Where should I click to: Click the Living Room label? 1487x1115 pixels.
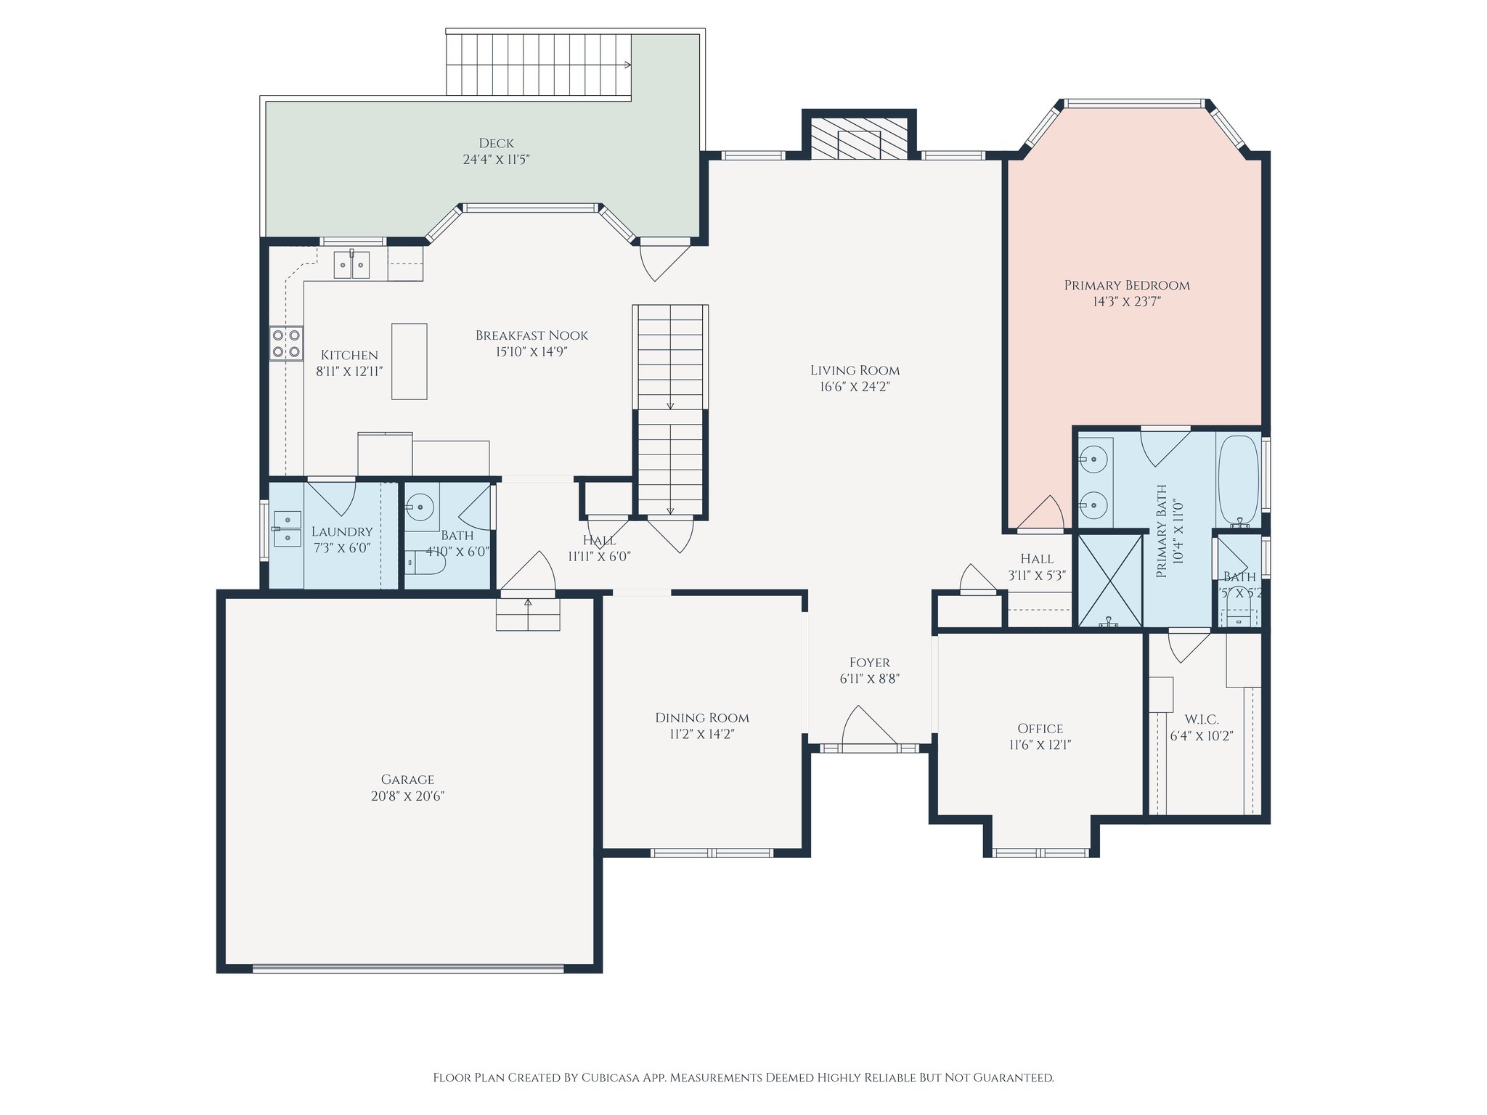(x=855, y=370)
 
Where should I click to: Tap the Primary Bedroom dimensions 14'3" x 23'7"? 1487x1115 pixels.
(x=1127, y=301)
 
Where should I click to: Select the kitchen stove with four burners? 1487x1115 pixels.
(x=286, y=343)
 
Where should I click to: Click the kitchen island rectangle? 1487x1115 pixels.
(x=410, y=362)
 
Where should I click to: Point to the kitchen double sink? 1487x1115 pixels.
(x=351, y=264)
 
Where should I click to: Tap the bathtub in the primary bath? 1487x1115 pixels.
(x=1239, y=479)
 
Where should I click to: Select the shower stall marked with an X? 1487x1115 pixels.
(x=1109, y=581)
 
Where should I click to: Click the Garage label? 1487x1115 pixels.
(x=407, y=780)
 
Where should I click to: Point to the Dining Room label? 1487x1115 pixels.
(x=702, y=718)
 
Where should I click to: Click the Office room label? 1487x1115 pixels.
(x=1040, y=729)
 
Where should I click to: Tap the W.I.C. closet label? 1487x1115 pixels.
(x=1202, y=719)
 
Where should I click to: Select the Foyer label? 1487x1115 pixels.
(x=869, y=663)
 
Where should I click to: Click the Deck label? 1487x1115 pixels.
(x=497, y=144)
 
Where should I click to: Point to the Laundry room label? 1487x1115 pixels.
(x=342, y=532)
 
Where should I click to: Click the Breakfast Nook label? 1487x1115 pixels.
(x=531, y=335)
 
